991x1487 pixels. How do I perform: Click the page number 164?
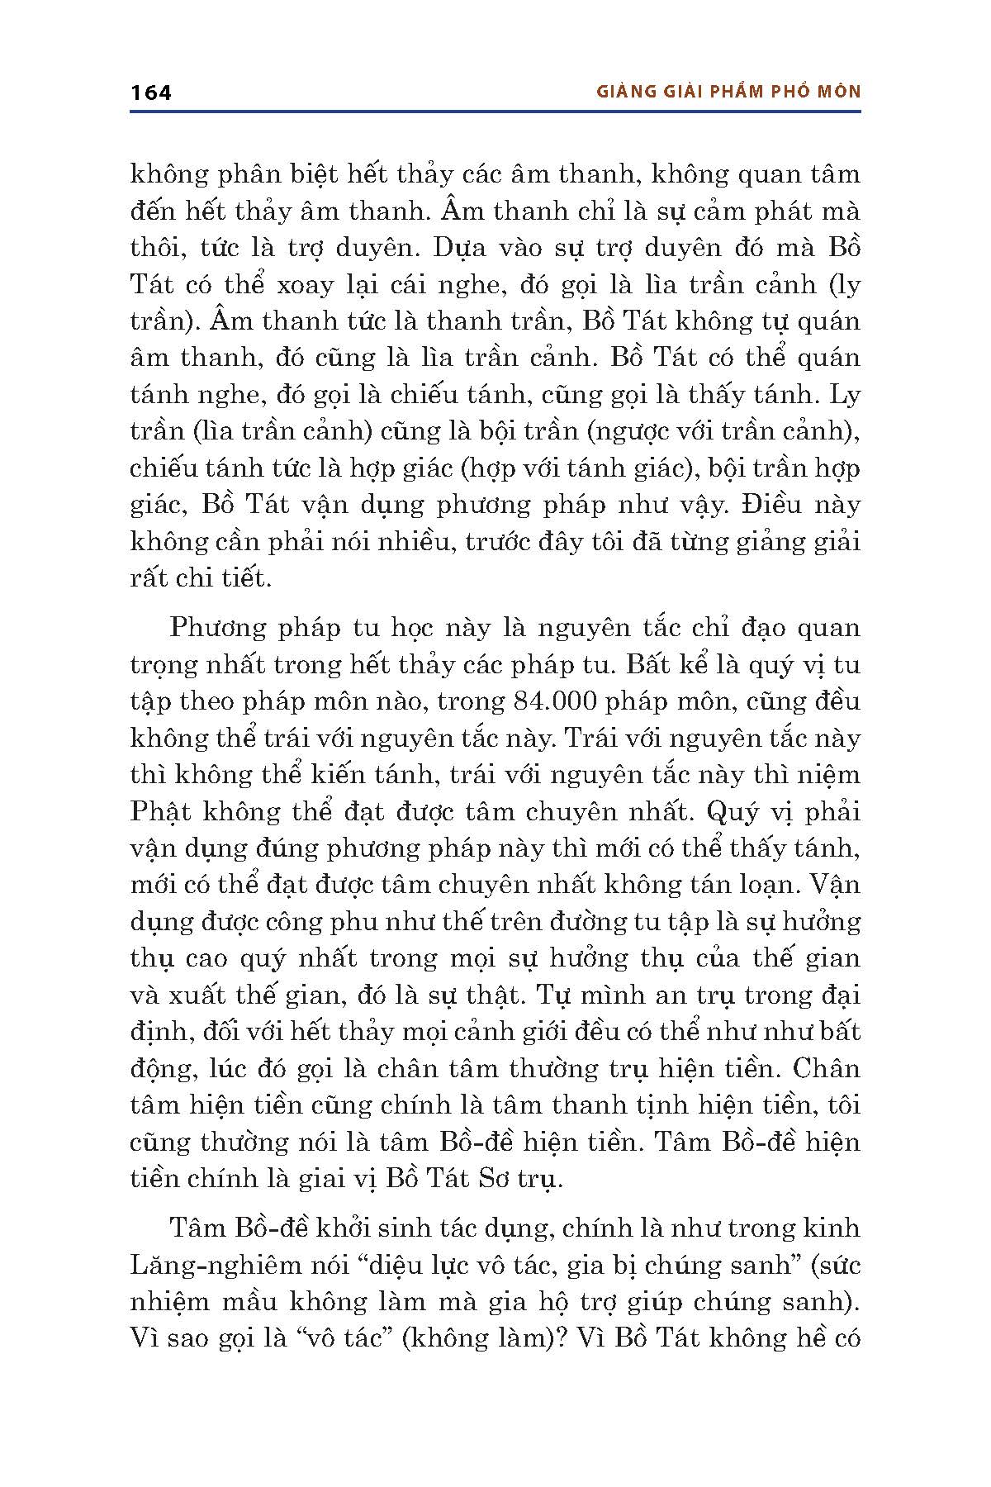coord(150,92)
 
